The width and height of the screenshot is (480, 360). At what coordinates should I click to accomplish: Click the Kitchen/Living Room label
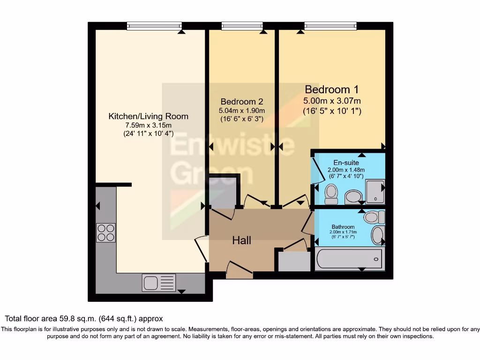148,116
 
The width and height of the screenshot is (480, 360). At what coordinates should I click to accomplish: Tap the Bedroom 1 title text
328,89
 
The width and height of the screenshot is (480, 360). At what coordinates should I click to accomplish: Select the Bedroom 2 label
241,101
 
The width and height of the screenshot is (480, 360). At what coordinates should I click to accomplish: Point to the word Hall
242,240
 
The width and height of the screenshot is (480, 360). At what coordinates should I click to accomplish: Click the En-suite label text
346,163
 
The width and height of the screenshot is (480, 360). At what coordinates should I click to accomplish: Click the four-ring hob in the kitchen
106,232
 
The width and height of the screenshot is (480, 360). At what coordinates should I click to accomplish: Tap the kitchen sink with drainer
159,283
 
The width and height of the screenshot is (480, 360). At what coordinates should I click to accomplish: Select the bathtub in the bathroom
349,259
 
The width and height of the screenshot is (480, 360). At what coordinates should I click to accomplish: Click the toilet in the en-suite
331,194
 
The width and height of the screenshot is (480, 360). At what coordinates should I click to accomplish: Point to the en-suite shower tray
375,191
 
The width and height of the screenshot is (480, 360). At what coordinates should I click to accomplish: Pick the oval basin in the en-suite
353,196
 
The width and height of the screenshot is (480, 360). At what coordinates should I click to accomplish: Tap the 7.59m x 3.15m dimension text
148,125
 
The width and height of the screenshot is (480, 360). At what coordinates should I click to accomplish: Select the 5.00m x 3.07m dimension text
332,101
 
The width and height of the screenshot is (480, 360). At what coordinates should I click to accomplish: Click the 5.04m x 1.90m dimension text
241,111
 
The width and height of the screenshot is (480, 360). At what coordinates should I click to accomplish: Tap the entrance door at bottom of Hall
240,272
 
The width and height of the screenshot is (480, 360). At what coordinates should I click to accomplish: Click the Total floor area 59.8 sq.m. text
84,319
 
